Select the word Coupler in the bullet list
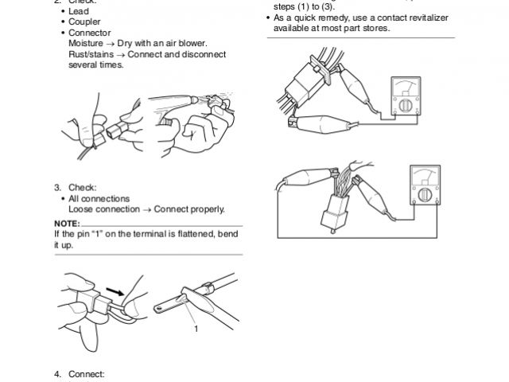[84, 21]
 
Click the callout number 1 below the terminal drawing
[194, 327]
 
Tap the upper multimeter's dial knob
[405, 106]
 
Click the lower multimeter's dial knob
[425, 196]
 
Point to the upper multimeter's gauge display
[406, 87]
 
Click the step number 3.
[57, 187]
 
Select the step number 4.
[57, 373]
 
